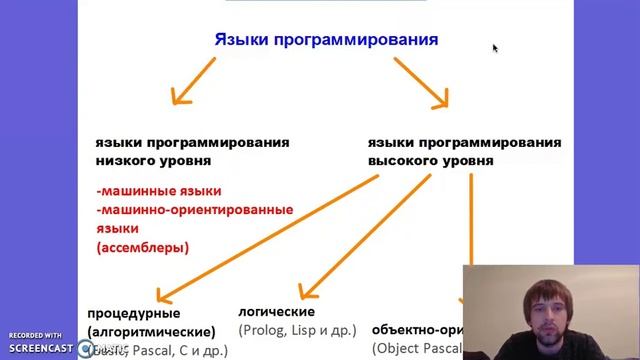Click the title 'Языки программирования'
coord(326,40)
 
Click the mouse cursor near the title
coord(495,47)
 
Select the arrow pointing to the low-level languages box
coord(193,81)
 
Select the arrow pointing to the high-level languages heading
coord(420,82)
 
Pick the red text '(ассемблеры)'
coord(143,247)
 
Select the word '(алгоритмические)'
coord(151,331)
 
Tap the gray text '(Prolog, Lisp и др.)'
coord(297,329)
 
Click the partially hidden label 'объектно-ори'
coord(416,328)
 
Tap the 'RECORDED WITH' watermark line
coord(36,334)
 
